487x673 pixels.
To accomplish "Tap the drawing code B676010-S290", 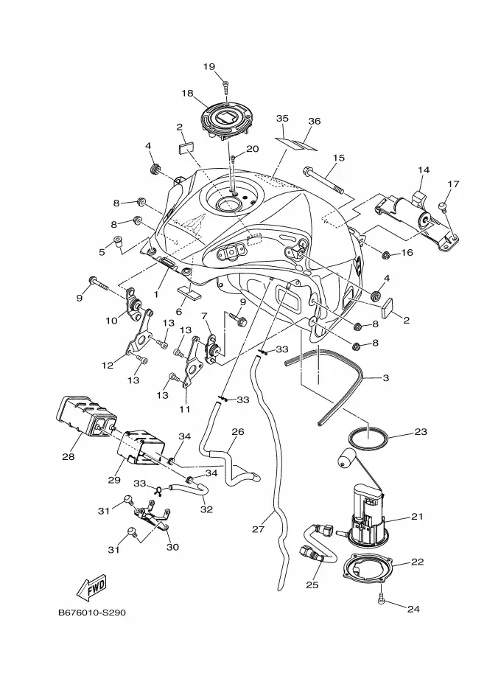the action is [x=92, y=613].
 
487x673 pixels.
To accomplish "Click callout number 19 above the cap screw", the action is [x=209, y=66].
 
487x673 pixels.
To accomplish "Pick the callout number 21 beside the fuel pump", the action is [x=417, y=516].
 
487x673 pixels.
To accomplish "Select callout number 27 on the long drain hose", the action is [x=259, y=529].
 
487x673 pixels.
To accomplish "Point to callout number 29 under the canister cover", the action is [x=114, y=479].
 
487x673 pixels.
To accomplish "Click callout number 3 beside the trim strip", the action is [x=385, y=377].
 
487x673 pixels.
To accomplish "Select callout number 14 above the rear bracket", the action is [x=424, y=170].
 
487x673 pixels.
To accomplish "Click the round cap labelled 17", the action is [x=444, y=206].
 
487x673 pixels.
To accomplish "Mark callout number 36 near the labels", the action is [x=315, y=121].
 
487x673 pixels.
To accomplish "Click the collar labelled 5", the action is [x=117, y=242].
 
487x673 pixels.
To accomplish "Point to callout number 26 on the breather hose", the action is [x=238, y=431].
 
